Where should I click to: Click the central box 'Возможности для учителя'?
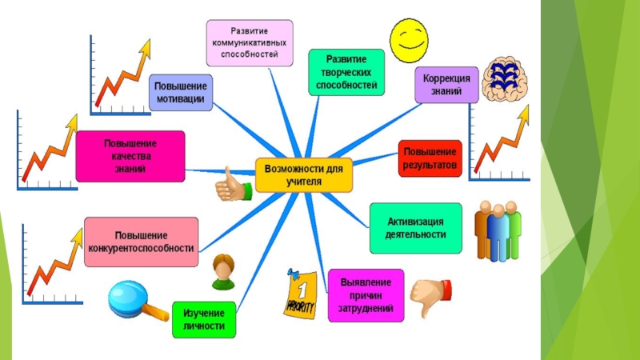[x=304, y=175]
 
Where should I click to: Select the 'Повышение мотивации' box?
[x=181, y=93]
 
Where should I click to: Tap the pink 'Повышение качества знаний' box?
[x=130, y=156]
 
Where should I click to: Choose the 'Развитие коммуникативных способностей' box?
[x=250, y=43]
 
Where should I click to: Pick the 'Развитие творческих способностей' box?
[x=346, y=72]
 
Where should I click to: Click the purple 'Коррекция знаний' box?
[x=446, y=85]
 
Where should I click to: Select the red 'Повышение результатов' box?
[x=430, y=158]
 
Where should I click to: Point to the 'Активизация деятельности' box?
[x=415, y=228]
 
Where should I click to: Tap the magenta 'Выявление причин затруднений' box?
[x=366, y=295]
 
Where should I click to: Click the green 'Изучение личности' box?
[x=204, y=319]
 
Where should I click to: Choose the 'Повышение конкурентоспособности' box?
[x=142, y=242]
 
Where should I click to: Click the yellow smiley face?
[x=409, y=41]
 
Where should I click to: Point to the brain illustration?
[x=505, y=78]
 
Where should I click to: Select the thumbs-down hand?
[x=430, y=297]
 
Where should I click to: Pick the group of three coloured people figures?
[x=498, y=230]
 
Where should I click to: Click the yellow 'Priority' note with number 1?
[x=301, y=294]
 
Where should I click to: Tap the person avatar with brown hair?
[x=224, y=272]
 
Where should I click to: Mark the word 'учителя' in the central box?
[x=304, y=182]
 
